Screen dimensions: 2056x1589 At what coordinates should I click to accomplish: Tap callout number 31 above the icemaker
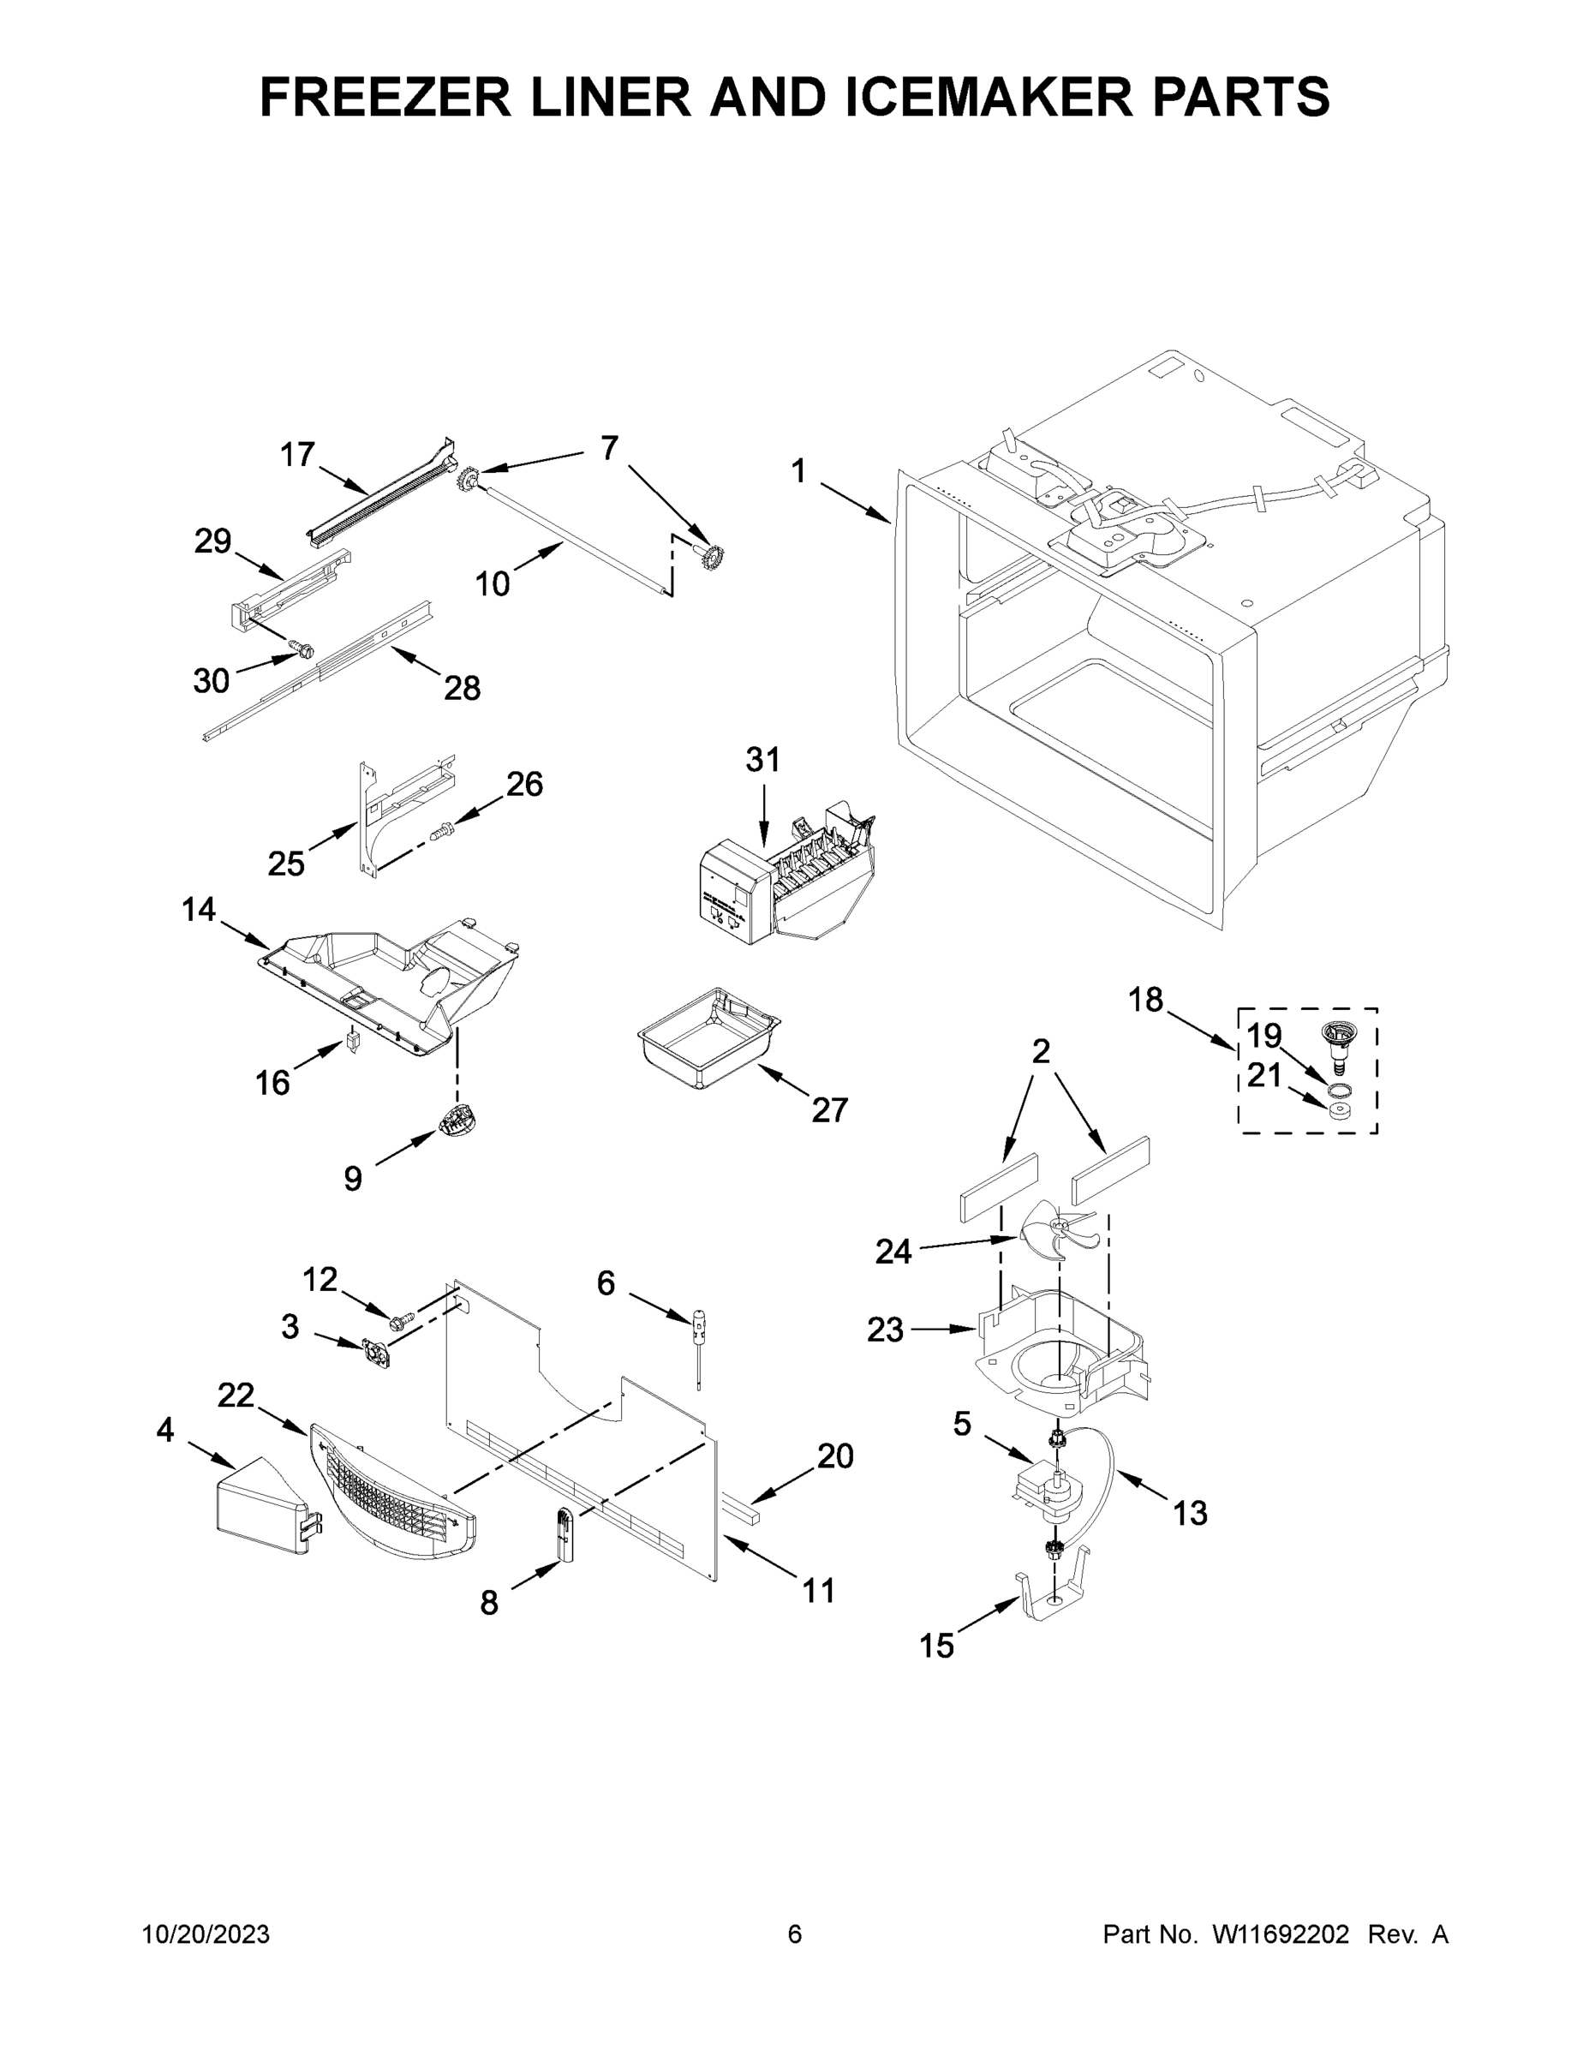762,760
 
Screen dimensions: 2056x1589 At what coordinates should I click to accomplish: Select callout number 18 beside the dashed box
1145,1000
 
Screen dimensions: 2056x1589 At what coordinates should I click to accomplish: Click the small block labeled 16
354,1044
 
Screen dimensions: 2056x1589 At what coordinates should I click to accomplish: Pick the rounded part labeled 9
457,1121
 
